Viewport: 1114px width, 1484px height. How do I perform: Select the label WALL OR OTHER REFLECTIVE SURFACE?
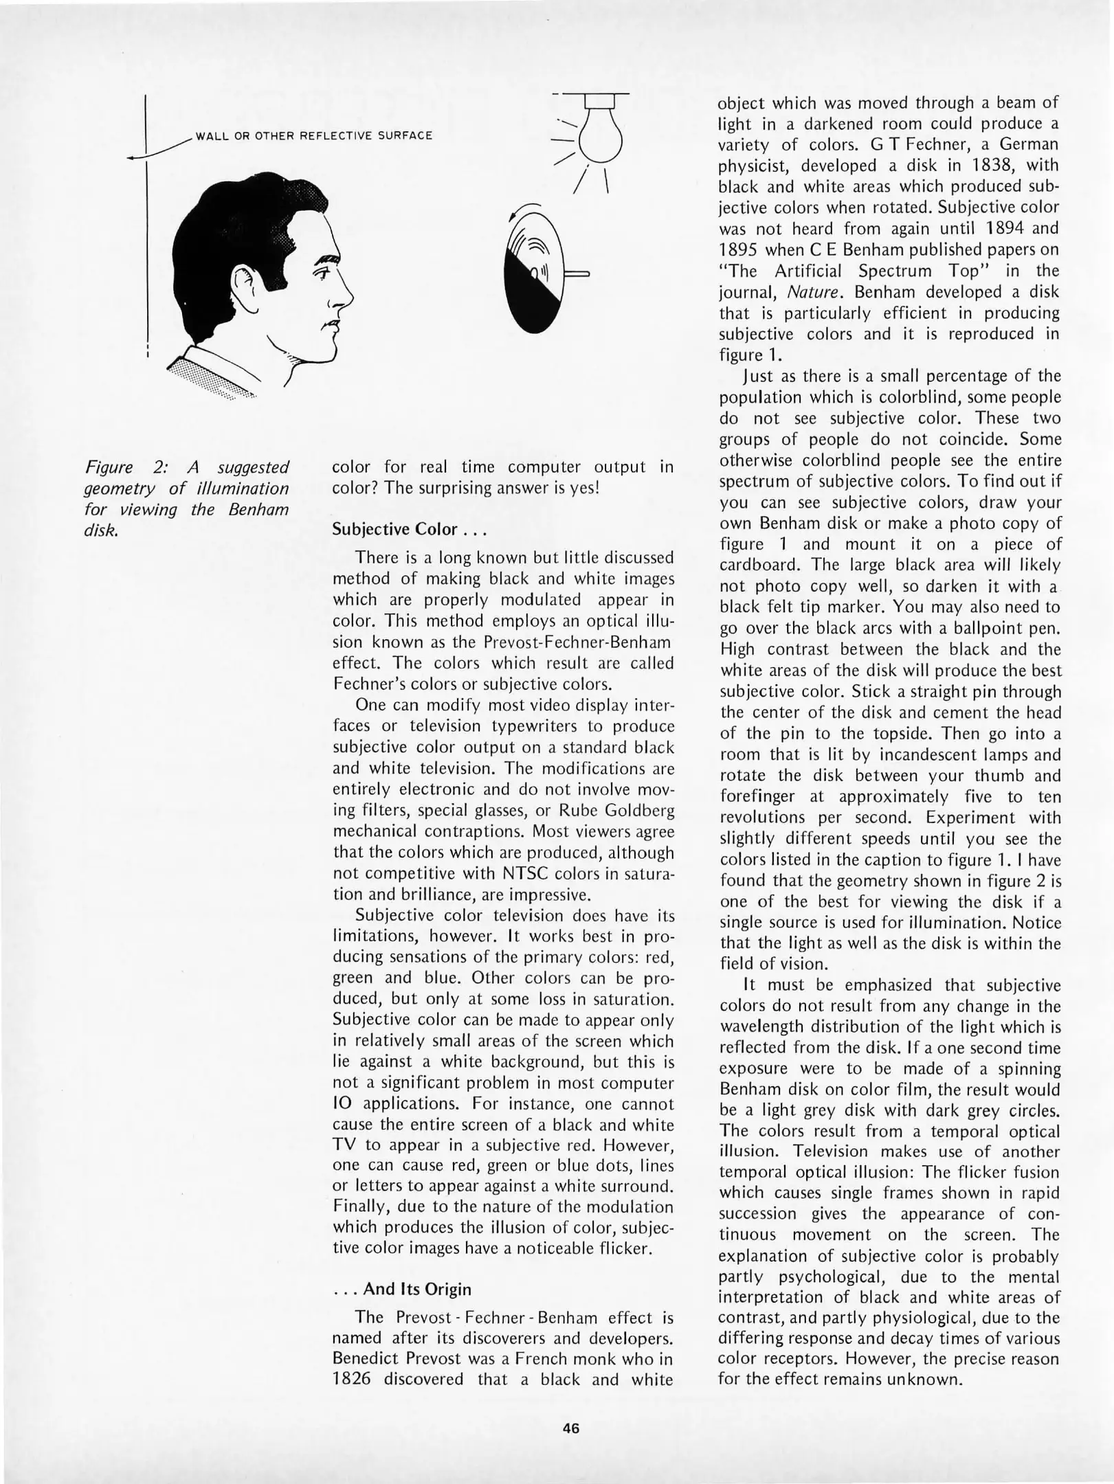(x=314, y=135)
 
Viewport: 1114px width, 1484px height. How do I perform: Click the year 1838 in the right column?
(x=1014, y=166)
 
